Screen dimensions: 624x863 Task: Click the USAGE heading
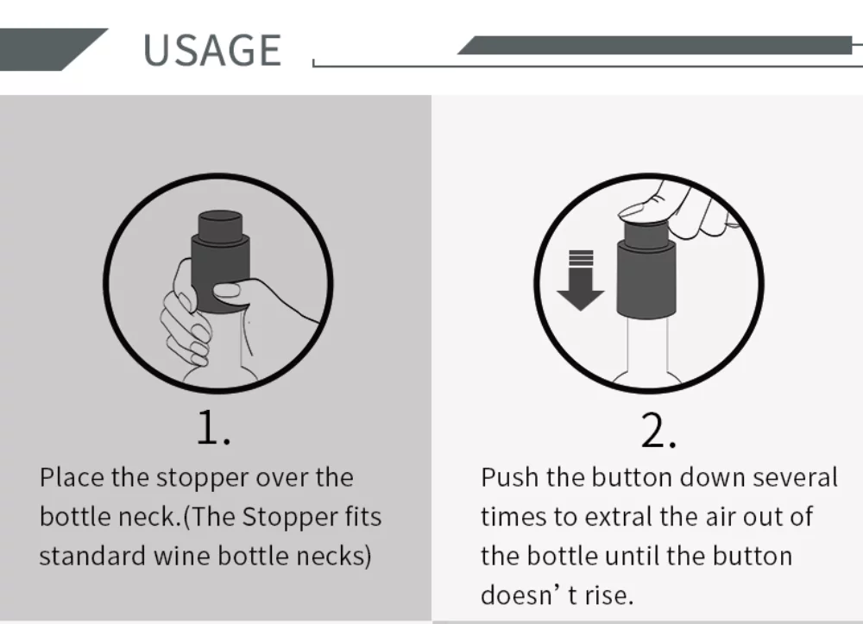[x=211, y=50]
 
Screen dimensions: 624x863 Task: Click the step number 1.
[x=212, y=428]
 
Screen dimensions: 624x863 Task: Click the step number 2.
[x=658, y=431]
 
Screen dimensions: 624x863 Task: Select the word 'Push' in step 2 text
[x=509, y=477]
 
